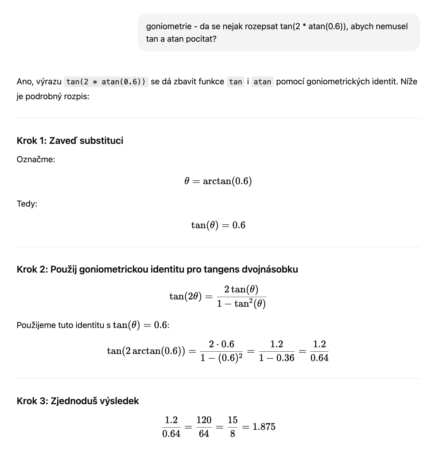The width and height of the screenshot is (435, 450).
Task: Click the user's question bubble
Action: (x=279, y=32)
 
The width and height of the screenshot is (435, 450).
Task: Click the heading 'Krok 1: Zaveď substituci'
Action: (x=70, y=141)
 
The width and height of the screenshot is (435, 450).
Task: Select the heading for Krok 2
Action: (x=157, y=269)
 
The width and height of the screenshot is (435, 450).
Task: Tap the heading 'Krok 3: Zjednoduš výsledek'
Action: (x=78, y=401)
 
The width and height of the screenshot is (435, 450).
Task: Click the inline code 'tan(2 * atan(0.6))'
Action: (x=106, y=82)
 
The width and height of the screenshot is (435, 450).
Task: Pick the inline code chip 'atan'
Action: (x=262, y=82)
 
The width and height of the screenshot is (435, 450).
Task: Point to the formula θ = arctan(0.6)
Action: (x=218, y=181)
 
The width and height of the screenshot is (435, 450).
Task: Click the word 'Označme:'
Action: (x=36, y=160)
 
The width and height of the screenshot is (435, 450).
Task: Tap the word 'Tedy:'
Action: (x=27, y=204)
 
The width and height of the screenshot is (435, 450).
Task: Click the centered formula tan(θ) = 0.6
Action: (x=218, y=225)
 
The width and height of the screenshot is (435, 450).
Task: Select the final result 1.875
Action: (x=264, y=427)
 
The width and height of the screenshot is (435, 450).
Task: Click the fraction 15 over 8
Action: (x=232, y=427)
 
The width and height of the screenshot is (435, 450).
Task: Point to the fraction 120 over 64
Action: (x=204, y=427)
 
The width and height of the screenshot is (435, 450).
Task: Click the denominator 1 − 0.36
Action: (x=276, y=358)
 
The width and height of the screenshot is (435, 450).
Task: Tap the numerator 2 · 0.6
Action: (x=222, y=344)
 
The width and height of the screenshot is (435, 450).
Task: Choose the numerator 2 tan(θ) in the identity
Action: (x=241, y=289)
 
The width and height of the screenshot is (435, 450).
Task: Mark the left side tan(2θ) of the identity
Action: (x=185, y=297)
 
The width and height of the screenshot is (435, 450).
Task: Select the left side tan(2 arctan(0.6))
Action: (x=146, y=351)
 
